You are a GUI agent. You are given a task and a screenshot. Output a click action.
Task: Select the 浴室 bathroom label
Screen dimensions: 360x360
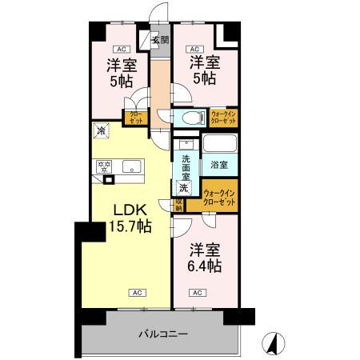(218, 165)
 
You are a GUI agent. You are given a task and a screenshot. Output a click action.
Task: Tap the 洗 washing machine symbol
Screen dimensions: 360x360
(184, 189)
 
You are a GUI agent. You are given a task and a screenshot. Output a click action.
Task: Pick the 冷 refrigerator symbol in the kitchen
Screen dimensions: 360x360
(102, 129)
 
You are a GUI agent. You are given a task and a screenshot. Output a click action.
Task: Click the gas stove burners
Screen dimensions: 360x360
(104, 167)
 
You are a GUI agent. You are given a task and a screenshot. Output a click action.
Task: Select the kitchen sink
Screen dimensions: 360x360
(133, 167)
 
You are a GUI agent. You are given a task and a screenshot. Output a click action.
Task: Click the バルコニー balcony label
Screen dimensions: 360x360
(162, 332)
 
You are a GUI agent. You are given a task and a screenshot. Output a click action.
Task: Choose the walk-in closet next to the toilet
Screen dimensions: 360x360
(223, 117)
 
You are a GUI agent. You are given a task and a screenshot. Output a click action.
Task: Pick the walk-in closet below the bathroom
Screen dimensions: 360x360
(218, 197)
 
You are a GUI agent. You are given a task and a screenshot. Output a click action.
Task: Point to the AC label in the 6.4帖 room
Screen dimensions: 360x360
(196, 292)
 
